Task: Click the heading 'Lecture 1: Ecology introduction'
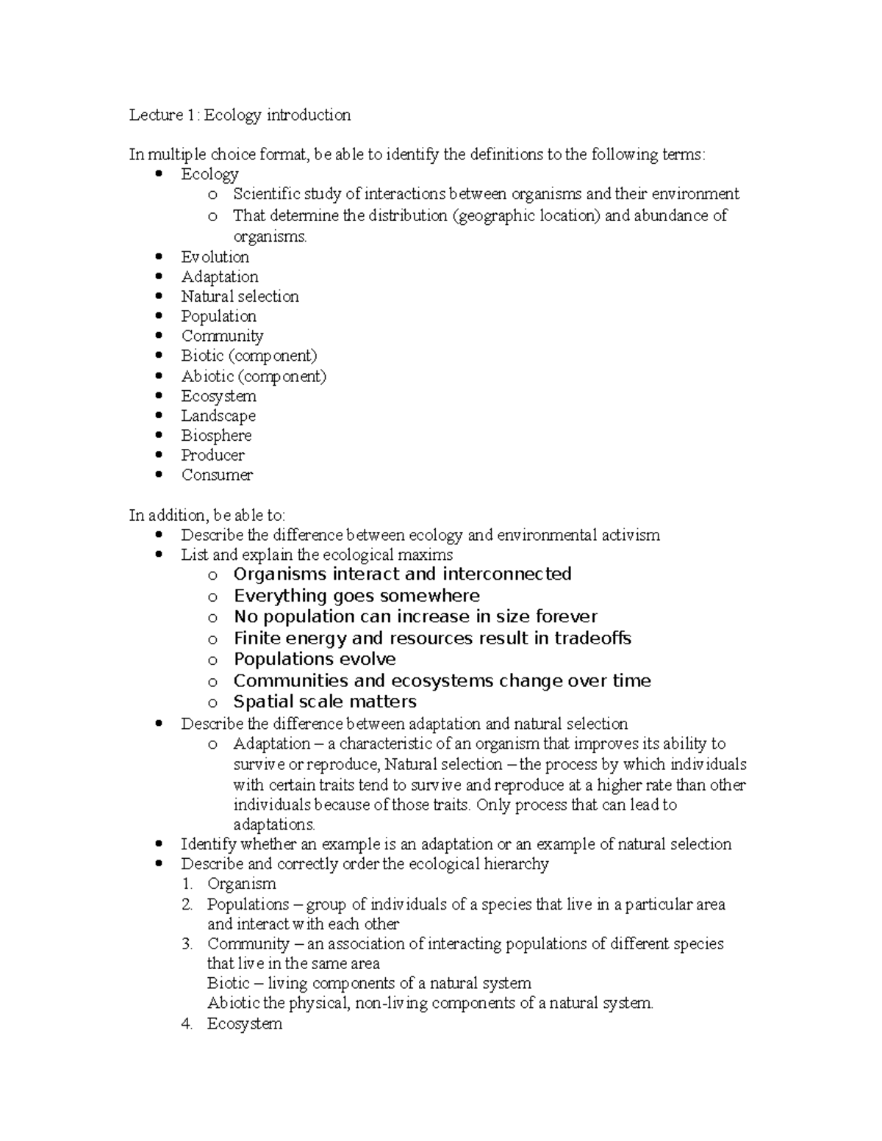point(240,115)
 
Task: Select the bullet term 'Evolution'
point(215,257)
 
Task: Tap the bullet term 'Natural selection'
point(240,297)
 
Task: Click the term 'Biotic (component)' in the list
point(249,356)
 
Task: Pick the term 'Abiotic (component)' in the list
point(254,376)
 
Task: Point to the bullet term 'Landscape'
point(218,416)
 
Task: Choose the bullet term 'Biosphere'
point(216,436)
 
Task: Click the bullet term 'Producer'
point(212,456)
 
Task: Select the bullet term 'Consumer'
point(217,475)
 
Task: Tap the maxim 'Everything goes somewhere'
point(356,596)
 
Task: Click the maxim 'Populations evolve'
point(315,659)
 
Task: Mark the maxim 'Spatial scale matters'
point(325,702)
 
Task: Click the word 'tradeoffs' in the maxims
point(592,638)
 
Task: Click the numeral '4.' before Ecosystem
point(187,1023)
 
